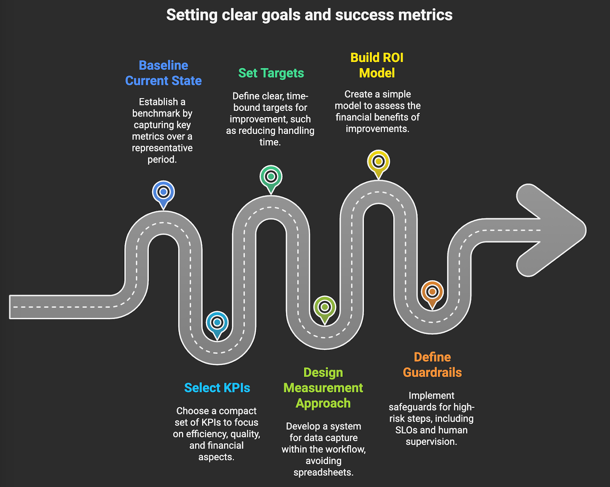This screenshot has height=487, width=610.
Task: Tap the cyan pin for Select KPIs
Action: point(217,323)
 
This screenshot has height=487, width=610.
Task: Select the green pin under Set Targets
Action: point(271,177)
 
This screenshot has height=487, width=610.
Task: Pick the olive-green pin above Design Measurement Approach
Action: point(324,307)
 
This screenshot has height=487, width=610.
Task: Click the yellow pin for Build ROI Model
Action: point(378,162)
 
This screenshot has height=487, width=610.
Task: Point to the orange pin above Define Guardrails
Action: point(432,292)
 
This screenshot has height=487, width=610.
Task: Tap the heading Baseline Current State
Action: point(163,73)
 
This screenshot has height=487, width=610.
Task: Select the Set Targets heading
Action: point(271,73)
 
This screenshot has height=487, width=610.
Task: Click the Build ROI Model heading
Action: point(377,65)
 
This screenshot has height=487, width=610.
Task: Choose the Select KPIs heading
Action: point(217,388)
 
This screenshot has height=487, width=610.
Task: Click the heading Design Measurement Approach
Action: point(323,388)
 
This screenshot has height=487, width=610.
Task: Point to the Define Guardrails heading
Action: point(432,365)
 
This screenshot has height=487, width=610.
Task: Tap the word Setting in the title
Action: point(192,15)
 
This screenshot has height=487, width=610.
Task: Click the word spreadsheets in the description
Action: point(323,473)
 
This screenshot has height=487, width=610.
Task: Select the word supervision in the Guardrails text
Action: point(431,442)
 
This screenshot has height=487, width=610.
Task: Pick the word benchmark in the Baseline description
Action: point(162,114)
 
